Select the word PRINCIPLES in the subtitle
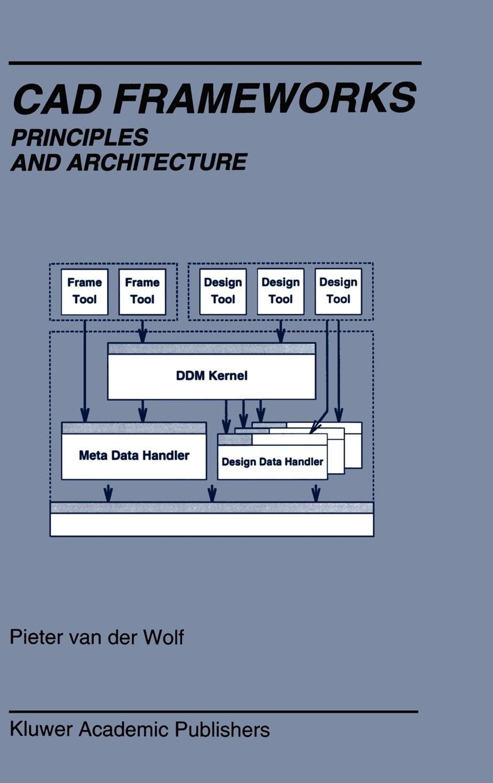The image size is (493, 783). tap(80, 137)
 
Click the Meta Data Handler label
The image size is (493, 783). tap(134, 455)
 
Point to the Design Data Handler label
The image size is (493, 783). tap(272, 462)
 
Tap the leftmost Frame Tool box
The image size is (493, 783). tap(85, 291)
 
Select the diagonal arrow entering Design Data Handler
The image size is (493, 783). tap(319, 423)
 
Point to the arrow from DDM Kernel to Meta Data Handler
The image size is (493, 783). tap(142, 411)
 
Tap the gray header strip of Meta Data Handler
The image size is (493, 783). tap(134, 428)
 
